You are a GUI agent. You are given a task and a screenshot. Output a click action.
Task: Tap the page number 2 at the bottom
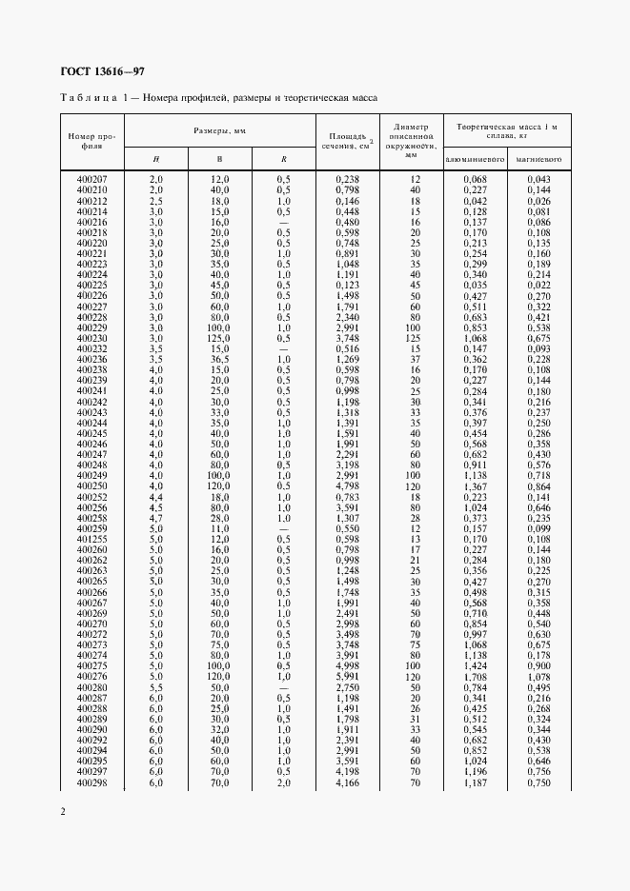point(62,812)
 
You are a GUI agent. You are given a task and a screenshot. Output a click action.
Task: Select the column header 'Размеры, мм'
point(220,130)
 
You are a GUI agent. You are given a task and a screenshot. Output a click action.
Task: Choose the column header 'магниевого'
point(538,159)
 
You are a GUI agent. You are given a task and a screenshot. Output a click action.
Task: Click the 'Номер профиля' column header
point(91,141)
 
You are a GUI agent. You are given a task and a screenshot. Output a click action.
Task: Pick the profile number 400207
point(91,179)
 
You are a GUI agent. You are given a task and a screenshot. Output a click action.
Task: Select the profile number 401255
point(91,538)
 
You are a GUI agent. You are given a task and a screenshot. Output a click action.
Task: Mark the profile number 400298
point(91,782)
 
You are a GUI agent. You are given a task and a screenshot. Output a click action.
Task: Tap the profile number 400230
point(91,338)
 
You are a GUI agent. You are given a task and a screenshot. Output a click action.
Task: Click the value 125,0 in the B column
point(220,338)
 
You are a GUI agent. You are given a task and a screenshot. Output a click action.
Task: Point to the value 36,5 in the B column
point(220,359)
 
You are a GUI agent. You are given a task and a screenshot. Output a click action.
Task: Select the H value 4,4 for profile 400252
point(157,496)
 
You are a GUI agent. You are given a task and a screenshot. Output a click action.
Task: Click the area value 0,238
point(348,179)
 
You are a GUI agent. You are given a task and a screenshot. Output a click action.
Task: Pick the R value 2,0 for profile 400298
point(283,782)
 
